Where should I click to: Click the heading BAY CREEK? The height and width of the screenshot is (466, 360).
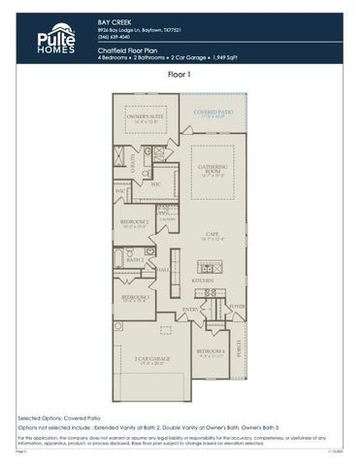tap(114, 19)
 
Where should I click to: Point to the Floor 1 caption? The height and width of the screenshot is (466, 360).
tap(180, 74)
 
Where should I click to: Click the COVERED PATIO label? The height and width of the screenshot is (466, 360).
tap(213, 114)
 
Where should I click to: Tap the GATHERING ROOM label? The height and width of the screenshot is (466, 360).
tap(213, 169)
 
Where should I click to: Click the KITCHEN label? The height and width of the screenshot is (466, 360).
tap(202, 280)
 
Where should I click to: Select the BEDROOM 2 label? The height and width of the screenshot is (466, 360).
tap(134, 222)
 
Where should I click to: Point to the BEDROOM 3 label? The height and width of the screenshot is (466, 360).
tap(134, 296)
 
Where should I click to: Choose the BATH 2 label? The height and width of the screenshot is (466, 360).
tap(136, 260)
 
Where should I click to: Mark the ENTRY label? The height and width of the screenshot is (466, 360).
tap(190, 310)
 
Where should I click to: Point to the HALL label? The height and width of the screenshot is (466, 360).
tap(164, 269)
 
